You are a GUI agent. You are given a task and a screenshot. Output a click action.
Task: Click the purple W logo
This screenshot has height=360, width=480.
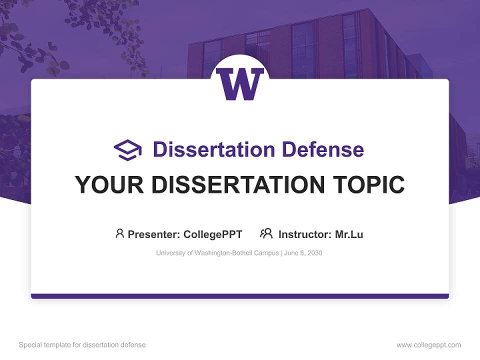click(240, 84)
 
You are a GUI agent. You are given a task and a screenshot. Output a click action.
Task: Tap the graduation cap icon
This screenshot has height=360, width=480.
click(127, 149)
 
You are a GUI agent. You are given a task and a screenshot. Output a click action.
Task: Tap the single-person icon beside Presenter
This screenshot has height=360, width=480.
click(119, 233)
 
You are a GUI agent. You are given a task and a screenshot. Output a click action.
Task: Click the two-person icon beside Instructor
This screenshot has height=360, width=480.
click(266, 233)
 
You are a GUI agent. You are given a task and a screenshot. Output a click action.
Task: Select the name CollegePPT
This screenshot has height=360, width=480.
click(212, 234)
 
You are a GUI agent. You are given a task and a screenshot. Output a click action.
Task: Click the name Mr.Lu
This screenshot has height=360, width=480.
click(349, 234)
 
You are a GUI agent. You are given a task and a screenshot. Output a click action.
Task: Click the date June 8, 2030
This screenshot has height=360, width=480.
click(303, 253)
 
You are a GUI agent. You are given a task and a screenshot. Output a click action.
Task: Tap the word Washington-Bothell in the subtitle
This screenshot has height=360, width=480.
click(229, 253)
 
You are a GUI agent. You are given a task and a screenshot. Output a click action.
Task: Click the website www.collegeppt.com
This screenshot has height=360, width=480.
click(428, 345)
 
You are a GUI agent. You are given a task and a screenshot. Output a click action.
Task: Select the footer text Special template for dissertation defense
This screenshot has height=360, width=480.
click(82, 345)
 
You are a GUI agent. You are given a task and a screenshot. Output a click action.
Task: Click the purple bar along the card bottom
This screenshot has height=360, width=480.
click(240, 296)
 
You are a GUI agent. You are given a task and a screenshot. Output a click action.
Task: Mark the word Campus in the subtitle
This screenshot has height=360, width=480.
click(268, 253)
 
